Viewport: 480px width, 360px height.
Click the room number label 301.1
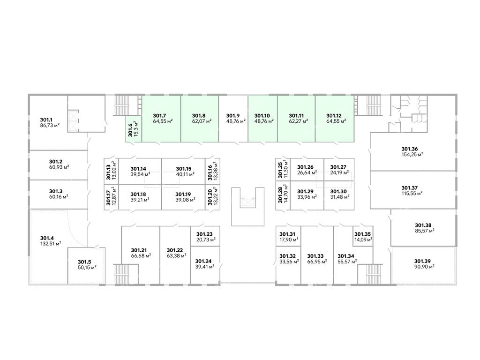pos(47,120)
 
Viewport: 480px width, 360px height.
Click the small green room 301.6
pos(133,129)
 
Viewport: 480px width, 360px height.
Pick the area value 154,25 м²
pos(412,154)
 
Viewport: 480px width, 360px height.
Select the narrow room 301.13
pos(111,171)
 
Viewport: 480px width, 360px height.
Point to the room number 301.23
pos(204,234)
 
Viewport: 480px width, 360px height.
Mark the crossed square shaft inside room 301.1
pos(74,120)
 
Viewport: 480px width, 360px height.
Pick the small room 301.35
pos(363,236)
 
